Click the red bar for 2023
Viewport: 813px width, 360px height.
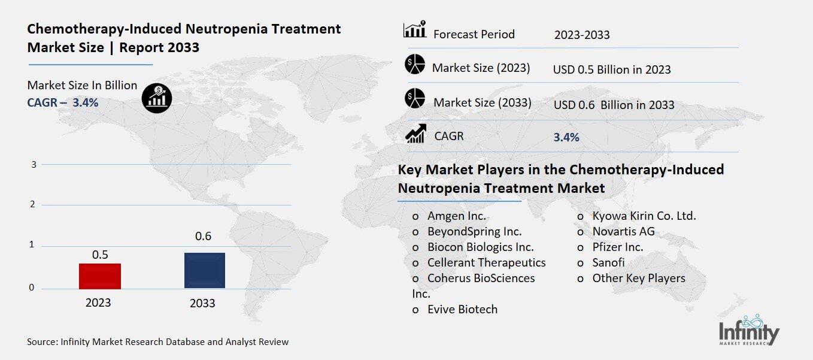click(100, 276)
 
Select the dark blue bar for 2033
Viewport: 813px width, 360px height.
click(204, 270)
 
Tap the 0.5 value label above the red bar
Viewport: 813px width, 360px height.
click(100, 255)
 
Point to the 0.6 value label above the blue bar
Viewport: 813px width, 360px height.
click(204, 237)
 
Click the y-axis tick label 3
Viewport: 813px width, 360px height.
click(34, 164)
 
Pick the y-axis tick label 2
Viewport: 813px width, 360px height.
click(34, 205)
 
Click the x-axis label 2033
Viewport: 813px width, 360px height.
click(202, 303)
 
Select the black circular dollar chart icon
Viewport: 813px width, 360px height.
click(157, 97)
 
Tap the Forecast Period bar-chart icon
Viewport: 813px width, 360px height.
click(414, 29)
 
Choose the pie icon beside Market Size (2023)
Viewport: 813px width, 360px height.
click(414, 63)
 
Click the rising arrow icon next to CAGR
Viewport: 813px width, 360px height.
click(415, 133)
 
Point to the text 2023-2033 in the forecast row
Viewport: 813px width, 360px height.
click(582, 35)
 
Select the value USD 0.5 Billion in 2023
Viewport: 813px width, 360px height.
click(612, 69)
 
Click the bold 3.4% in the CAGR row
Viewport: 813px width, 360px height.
click(566, 137)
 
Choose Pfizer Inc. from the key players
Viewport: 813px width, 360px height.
click(617, 247)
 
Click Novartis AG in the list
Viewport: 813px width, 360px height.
click(623, 231)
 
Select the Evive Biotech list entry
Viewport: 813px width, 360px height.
click(462, 309)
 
